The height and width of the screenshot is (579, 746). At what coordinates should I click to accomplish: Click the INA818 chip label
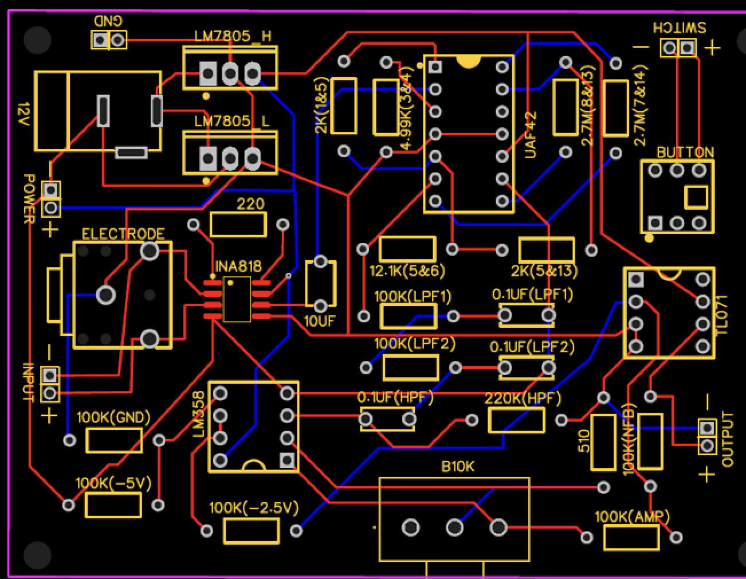tap(238, 267)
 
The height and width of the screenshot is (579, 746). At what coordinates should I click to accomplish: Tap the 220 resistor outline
tap(238, 225)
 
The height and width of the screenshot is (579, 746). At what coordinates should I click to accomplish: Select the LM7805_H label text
tap(232, 37)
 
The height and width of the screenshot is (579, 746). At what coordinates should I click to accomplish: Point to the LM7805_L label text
tap(232, 122)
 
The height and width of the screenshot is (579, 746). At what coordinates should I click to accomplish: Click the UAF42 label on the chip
tap(531, 135)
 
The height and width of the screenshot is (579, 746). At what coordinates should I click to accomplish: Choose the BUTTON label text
tap(685, 152)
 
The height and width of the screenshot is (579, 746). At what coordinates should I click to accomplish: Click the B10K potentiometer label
tap(458, 467)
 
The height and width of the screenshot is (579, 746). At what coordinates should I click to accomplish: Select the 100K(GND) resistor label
tap(113, 417)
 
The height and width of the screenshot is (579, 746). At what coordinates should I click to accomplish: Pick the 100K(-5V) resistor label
tap(113, 484)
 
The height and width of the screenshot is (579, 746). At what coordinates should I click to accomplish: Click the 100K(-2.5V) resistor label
tap(253, 508)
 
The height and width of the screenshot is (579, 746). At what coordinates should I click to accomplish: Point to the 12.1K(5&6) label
tap(407, 271)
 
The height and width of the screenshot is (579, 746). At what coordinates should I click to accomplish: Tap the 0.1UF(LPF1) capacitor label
tap(532, 295)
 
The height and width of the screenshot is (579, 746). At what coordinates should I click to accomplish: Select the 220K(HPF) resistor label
tap(523, 398)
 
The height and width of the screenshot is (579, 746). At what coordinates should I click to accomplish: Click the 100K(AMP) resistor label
tap(631, 517)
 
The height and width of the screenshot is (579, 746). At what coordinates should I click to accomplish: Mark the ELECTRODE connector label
tap(123, 234)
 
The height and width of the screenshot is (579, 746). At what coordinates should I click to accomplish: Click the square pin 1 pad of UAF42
tap(435, 67)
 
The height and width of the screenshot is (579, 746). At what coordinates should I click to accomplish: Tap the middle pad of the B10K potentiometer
tap(454, 527)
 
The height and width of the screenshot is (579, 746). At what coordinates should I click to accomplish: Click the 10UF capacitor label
tap(319, 322)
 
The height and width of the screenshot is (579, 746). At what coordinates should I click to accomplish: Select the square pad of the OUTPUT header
tap(707, 428)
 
